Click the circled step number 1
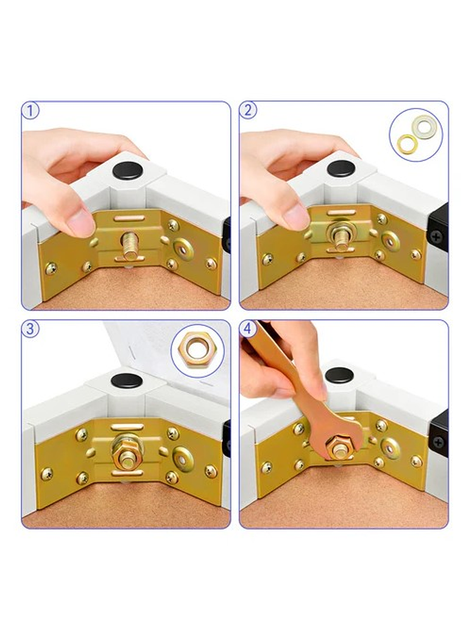(30, 110)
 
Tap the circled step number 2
(248, 110)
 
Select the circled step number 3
(30, 328)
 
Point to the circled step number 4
(248, 328)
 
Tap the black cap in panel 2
(341, 169)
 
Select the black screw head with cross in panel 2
(436, 238)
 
